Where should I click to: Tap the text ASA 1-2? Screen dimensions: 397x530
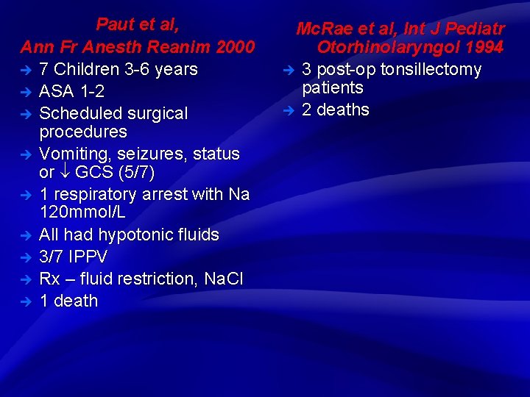point(71,92)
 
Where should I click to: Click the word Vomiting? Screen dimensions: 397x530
point(73,154)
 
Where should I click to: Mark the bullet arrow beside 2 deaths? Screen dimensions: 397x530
point(289,110)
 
